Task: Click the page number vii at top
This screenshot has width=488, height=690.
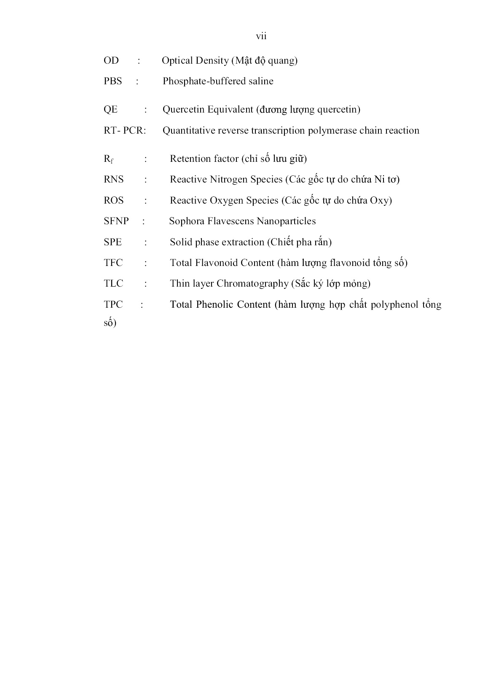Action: [261, 36]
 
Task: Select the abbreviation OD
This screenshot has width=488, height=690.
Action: [111, 61]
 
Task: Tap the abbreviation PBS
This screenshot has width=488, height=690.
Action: [113, 81]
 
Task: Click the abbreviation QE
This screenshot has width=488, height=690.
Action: [110, 110]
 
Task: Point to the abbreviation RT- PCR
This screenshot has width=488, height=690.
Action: [124, 131]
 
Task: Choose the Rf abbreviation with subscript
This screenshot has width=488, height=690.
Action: [108, 159]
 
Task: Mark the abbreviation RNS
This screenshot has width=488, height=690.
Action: [114, 180]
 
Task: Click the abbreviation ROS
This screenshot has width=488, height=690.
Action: [114, 200]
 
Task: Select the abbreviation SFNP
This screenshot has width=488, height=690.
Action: [116, 221]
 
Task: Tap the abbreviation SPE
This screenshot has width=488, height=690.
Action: [113, 242]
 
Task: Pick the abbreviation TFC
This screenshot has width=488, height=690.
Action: [113, 263]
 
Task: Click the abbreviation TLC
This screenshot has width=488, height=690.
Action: [113, 283]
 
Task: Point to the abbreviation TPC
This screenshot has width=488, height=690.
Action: [113, 304]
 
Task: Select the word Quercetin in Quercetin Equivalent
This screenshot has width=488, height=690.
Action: [182, 110]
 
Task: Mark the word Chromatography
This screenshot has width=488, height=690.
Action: [252, 284]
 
